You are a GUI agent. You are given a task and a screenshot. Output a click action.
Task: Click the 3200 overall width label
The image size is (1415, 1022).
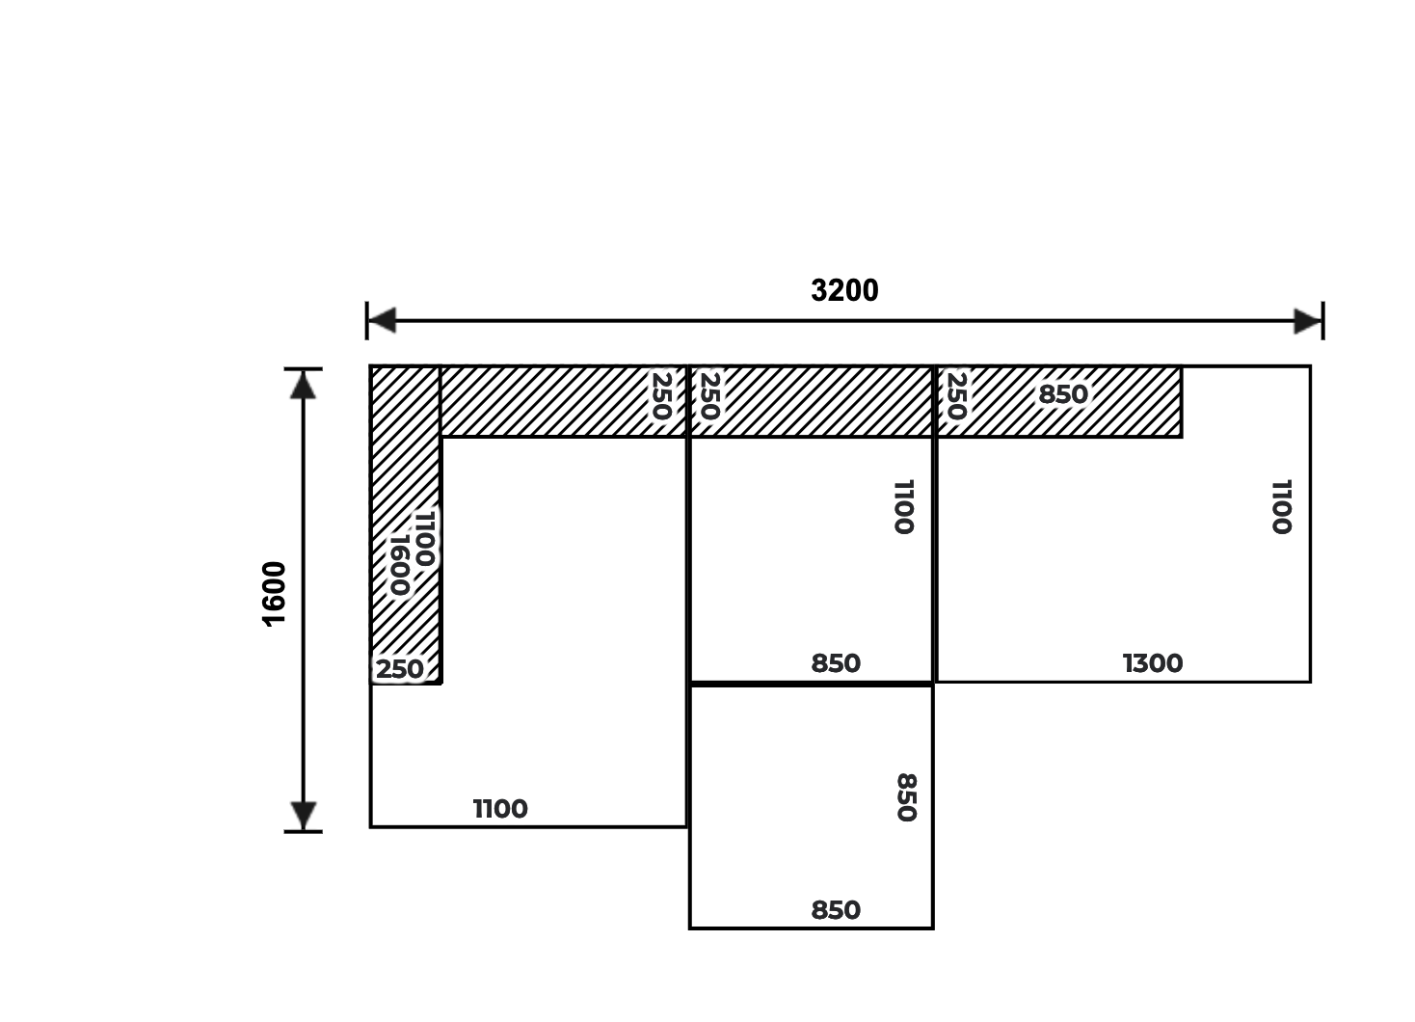844,291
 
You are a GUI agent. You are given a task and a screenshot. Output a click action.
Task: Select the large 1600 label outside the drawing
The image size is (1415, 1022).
274,594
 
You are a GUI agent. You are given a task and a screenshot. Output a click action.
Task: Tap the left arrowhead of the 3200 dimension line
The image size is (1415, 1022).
382,320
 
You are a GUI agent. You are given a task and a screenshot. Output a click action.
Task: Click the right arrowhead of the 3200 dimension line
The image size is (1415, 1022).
1308,321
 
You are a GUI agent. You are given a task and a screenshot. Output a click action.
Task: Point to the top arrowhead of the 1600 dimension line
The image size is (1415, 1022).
304,385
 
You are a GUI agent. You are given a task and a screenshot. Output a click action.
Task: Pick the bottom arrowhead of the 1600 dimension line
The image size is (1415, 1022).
304,816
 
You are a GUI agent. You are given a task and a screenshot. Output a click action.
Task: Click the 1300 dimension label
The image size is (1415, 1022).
1153,663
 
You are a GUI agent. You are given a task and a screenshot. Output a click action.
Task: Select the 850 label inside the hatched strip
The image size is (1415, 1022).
1063,395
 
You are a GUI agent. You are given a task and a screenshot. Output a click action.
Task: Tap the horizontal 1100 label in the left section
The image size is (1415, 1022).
500,809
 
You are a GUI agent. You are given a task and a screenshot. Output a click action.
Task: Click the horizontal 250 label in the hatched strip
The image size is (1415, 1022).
400,669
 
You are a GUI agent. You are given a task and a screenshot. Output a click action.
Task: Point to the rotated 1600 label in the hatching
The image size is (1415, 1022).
400,566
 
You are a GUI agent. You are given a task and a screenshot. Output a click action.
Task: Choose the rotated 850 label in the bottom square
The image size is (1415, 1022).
906,797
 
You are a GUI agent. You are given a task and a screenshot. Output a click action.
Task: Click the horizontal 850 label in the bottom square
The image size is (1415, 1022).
836,911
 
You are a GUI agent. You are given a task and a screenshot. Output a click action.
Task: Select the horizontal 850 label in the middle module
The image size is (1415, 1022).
836,663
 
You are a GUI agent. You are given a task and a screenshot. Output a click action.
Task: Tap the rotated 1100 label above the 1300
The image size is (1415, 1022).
1281,507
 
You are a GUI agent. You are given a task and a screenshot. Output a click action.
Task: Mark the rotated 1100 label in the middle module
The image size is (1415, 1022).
904,507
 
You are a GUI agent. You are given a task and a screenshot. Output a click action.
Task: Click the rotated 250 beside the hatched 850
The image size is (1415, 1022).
956,396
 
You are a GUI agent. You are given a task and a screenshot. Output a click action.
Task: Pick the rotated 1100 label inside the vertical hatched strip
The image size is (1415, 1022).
424,538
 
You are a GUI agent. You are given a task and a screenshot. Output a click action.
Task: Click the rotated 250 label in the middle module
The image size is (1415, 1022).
710,396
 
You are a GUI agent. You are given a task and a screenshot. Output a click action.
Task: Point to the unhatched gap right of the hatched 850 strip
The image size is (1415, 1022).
1245,401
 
